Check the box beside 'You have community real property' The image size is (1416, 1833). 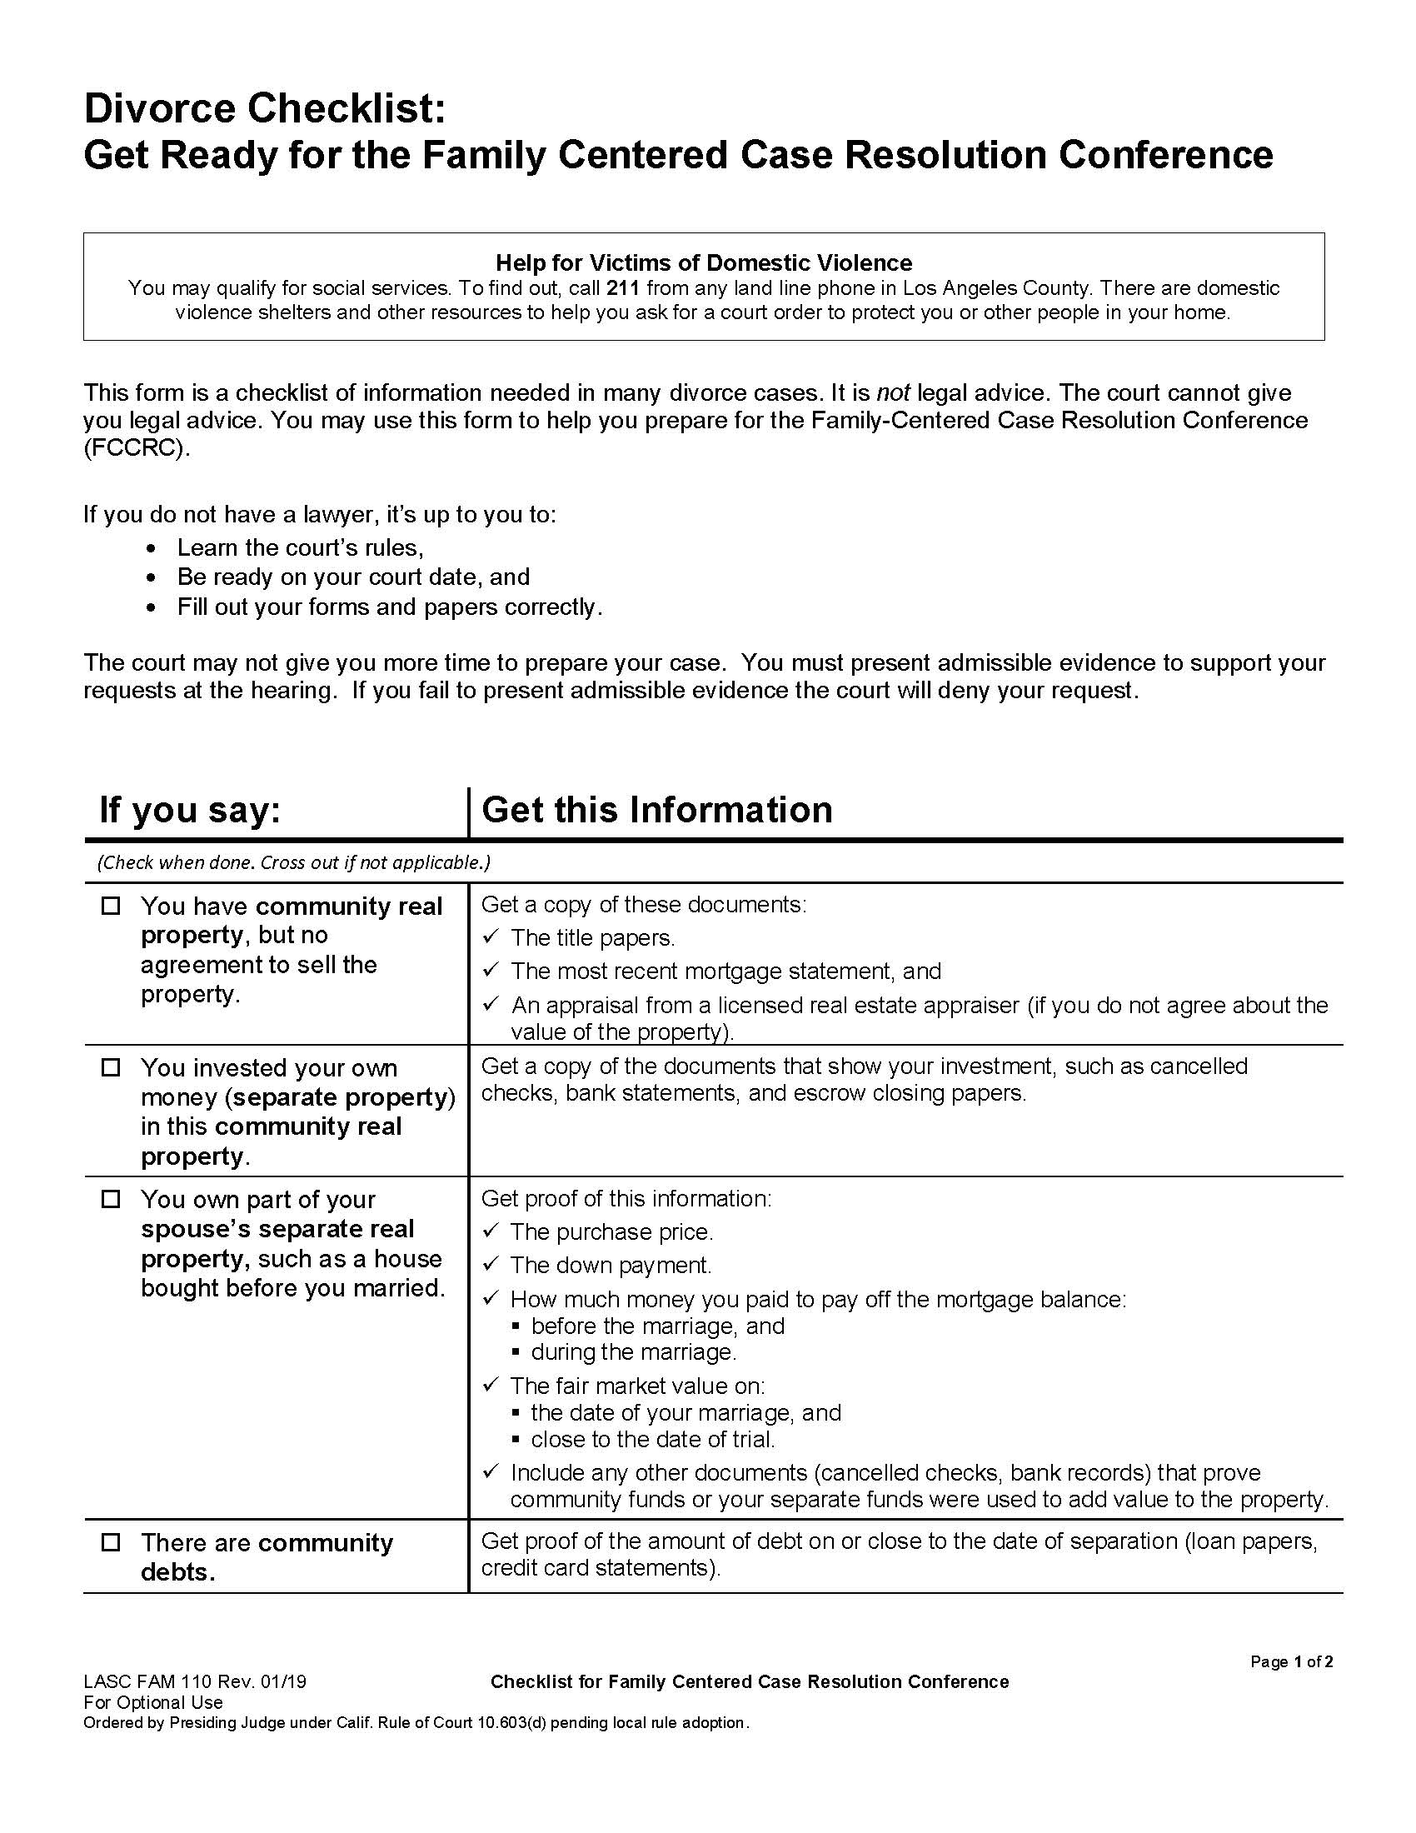click(111, 907)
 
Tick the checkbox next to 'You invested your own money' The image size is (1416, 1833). click(111, 1068)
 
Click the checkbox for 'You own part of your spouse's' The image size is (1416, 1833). click(111, 1199)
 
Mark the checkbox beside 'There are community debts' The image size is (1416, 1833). click(111, 1542)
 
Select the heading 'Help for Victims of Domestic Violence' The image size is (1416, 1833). click(703, 262)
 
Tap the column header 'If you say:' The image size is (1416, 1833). click(190, 810)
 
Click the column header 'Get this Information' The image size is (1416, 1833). click(657, 810)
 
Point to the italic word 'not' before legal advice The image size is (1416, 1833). click(893, 392)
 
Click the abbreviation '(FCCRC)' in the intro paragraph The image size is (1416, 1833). click(137, 447)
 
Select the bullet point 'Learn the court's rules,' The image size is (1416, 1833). click(300, 548)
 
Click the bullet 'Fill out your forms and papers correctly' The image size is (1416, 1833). click(389, 607)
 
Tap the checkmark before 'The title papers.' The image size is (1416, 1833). click(491, 936)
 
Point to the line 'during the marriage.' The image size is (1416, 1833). click(633, 1352)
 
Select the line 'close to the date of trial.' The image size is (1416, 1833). click(653, 1440)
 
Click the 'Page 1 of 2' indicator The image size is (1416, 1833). click(1291, 1662)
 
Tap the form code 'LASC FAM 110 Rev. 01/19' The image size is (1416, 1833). click(195, 1682)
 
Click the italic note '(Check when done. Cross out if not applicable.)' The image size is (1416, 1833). click(293, 862)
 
